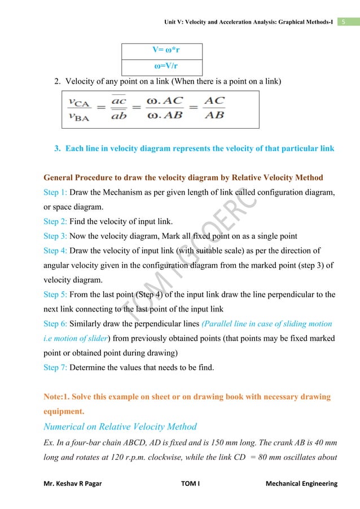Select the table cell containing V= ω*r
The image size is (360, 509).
163,49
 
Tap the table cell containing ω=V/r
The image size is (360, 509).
163,67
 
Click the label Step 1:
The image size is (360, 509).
55,192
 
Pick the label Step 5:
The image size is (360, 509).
55,294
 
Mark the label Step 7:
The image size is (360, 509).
55,367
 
